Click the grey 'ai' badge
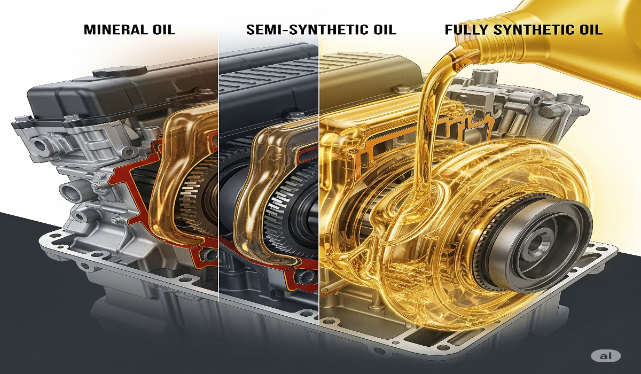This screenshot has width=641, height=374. [x=606, y=356]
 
